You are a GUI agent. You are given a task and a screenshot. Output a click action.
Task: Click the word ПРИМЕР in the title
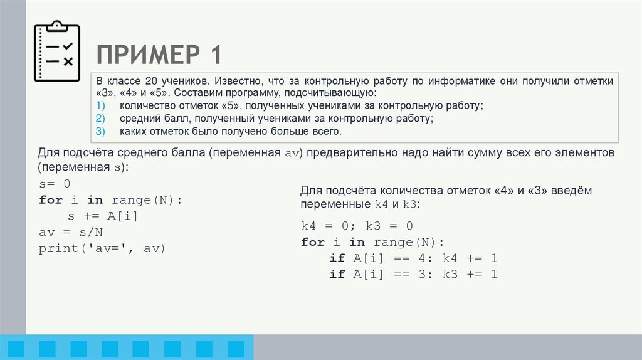click(143, 55)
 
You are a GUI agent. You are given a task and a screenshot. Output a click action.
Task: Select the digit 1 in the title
click(214, 55)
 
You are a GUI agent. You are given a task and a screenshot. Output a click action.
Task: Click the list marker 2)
click(101, 119)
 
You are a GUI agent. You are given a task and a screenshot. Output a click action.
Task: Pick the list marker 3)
click(101, 131)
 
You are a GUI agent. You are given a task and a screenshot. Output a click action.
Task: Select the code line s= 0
click(55, 184)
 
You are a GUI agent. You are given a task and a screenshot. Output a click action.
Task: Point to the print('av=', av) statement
click(102, 248)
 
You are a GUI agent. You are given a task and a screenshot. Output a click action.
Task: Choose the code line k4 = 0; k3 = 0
click(357, 226)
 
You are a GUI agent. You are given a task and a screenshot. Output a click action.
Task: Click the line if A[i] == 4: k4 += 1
click(413, 258)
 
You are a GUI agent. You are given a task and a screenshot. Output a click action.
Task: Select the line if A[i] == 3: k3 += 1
click(413, 275)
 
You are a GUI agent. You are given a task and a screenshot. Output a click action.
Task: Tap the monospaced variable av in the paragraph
click(293, 154)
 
